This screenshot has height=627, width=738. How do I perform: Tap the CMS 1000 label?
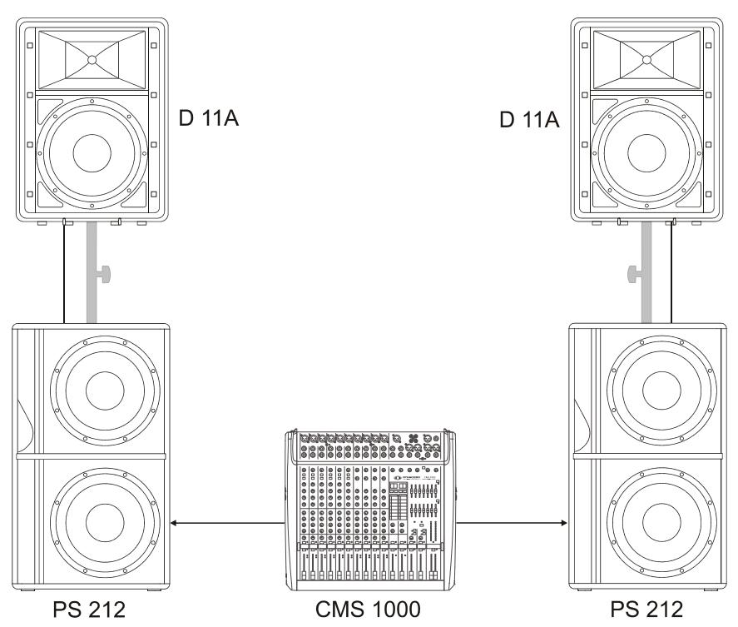click(x=369, y=612)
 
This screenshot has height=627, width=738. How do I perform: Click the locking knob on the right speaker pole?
click(x=633, y=272)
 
